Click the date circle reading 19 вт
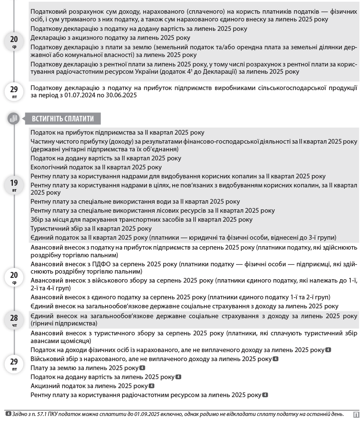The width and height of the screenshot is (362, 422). [x=14, y=185]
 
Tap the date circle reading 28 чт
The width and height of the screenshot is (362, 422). [x=14, y=320]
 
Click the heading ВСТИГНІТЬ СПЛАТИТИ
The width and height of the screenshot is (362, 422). [x=63, y=119]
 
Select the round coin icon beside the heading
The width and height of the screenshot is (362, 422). [x=14, y=119]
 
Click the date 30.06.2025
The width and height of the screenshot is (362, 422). [x=122, y=95]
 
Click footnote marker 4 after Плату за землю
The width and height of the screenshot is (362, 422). [x=142, y=368]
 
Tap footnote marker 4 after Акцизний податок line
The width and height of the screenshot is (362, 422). [x=151, y=386]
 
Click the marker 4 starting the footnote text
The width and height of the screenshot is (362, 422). [x=8, y=414]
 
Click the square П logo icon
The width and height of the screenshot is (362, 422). [x=356, y=415]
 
